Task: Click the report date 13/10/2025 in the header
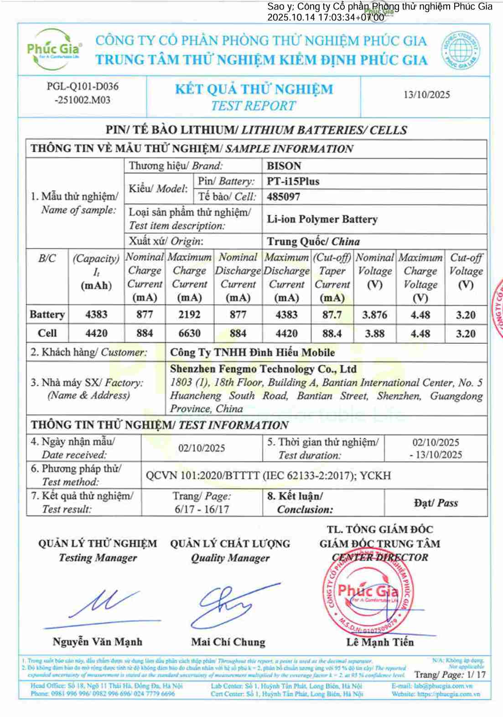(x=426, y=95)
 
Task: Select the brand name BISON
(x=284, y=166)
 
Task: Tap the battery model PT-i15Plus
(x=293, y=181)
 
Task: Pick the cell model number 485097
(x=283, y=197)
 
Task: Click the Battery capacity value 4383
(x=96, y=315)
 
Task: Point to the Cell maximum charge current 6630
(x=189, y=333)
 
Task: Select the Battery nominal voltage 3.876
(x=374, y=315)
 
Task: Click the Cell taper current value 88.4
(x=332, y=333)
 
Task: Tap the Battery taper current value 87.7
(x=332, y=315)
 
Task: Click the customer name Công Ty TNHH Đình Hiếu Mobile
(x=252, y=352)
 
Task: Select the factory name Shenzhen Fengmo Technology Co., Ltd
(x=263, y=369)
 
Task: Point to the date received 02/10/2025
(x=202, y=448)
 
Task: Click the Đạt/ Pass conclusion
(x=436, y=503)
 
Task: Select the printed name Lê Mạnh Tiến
(x=380, y=642)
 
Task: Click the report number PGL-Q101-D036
(x=83, y=86)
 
